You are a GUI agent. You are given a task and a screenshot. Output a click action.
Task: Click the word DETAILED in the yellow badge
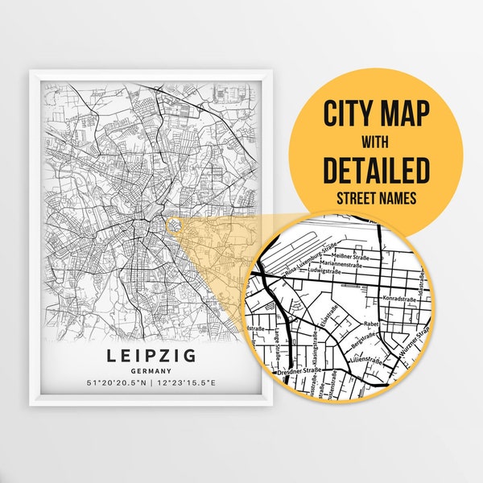[x=376, y=170]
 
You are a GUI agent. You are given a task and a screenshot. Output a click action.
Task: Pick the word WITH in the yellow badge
[x=376, y=142]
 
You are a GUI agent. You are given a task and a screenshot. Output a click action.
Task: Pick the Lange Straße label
[x=279, y=339]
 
